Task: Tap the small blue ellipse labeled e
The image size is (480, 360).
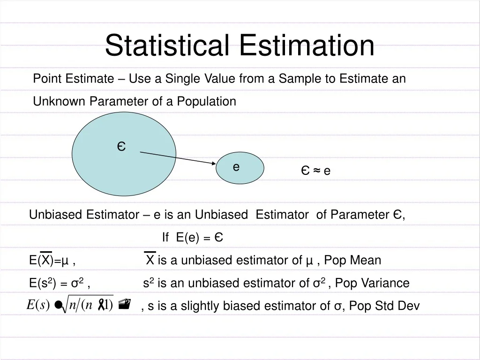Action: [x=240, y=168]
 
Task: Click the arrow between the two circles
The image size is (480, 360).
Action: [x=178, y=158]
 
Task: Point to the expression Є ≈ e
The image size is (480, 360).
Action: [x=315, y=171]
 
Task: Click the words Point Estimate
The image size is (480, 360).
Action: [x=73, y=79]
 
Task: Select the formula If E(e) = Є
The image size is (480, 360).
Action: [x=192, y=238]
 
